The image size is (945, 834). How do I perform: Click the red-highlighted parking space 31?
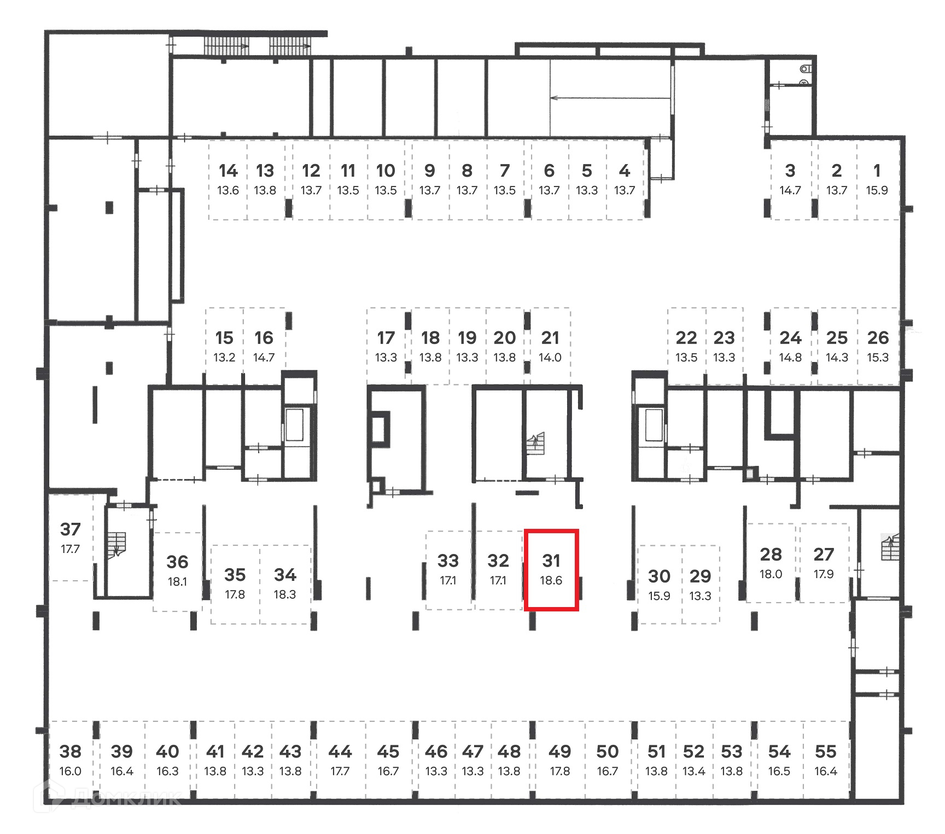pos(551,569)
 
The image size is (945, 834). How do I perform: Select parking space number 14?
pos(228,179)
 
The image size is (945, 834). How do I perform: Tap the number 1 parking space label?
pos(877,171)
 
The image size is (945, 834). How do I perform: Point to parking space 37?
pos(70,538)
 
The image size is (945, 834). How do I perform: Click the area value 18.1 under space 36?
pos(177,582)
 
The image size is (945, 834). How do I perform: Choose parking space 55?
pos(826,759)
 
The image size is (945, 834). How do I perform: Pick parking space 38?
pos(71,759)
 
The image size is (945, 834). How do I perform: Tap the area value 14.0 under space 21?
pos(550,358)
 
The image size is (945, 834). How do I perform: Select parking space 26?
pos(878,346)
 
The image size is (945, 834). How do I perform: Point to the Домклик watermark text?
pos(126,799)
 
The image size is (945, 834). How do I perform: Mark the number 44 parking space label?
pos(340,752)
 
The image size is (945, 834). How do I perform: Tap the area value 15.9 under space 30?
pos(659,596)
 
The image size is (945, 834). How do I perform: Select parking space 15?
pos(224,346)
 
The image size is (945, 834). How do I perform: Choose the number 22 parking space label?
pos(686,338)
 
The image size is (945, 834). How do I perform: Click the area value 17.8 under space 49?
pos(559,772)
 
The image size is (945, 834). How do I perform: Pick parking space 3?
pos(790,179)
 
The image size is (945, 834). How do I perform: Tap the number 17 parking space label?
pos(386,338)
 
